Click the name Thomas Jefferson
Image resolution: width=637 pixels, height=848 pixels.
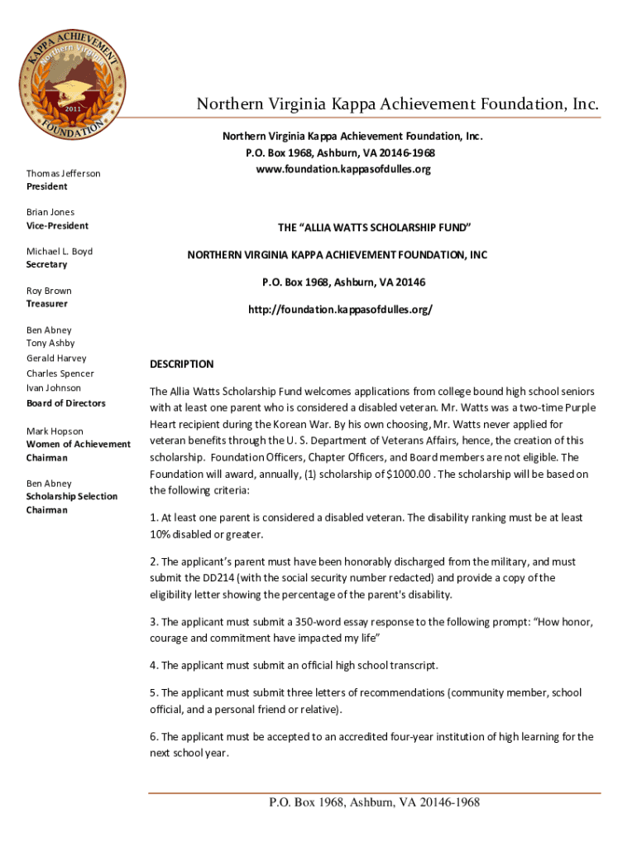coord(63,173)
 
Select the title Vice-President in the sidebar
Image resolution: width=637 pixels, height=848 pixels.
coord(57,225)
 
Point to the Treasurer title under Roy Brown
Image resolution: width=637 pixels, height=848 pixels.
coord(46,304)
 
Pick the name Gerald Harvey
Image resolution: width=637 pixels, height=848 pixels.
coord(56,358)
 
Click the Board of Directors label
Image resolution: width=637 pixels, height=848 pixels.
coord(65,403)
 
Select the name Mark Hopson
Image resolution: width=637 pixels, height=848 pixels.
coord(54,431)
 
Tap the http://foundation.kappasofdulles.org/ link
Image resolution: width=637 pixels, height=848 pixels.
coord(340,309)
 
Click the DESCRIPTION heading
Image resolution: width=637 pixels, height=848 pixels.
coord(181,364)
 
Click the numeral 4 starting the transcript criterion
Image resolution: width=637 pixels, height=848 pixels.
coord(153,665)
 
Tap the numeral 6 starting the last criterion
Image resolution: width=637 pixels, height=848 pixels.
coord(153,736)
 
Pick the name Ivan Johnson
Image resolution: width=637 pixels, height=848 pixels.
coord(54,388)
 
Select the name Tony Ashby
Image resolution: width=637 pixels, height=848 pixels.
coord(50,343)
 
